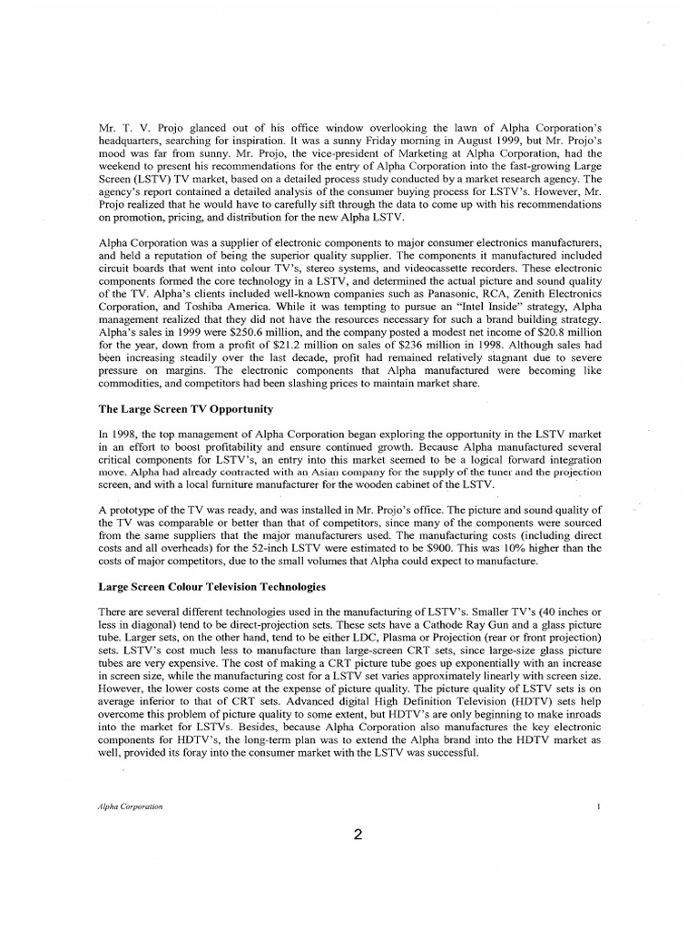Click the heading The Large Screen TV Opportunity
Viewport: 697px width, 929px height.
click(x=187, y=410)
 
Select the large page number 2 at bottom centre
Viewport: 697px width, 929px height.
click(x=359, y=836)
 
